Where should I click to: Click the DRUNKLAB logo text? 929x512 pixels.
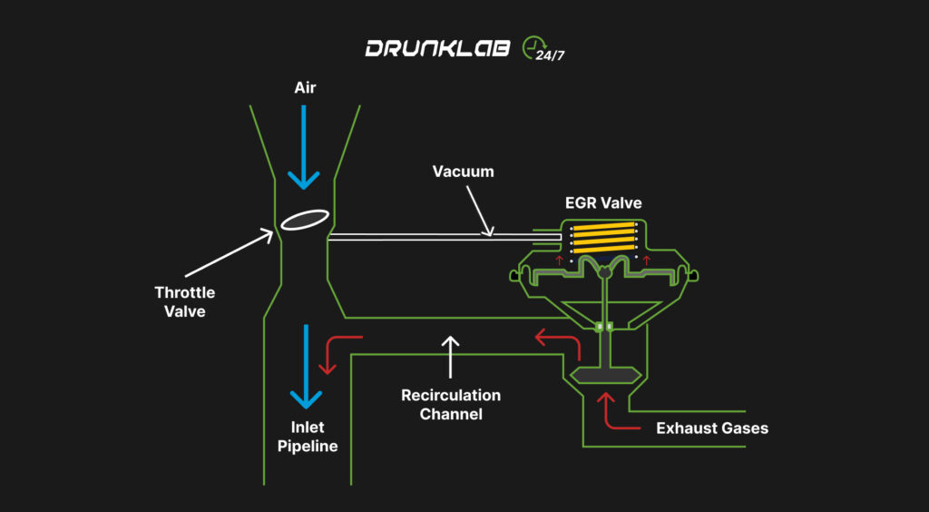438,49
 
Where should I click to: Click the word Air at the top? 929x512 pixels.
304,88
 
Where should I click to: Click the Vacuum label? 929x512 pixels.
463,172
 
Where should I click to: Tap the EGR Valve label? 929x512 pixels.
601,203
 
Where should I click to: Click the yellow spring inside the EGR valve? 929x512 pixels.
602,241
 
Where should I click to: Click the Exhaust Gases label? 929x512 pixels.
712,428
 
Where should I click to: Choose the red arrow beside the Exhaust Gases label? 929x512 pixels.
610,413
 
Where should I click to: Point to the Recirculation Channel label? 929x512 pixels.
451,405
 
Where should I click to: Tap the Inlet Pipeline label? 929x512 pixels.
308,438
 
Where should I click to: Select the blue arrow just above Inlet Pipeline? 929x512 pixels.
306,368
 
